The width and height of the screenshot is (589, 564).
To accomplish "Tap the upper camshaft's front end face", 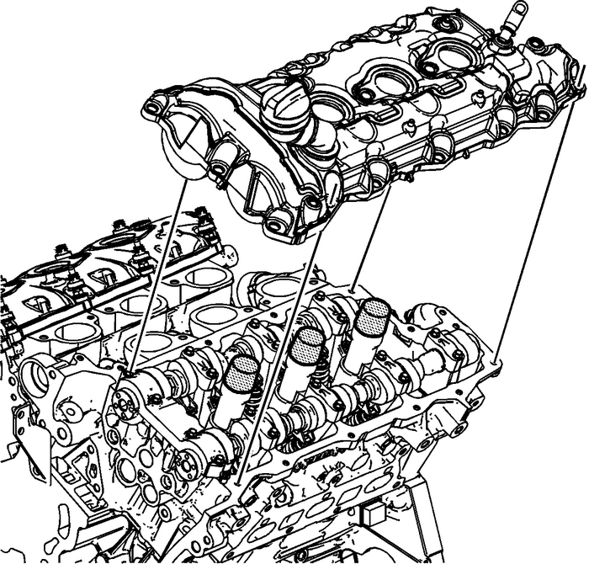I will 130,395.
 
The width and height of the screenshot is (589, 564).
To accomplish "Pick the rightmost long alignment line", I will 539,219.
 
